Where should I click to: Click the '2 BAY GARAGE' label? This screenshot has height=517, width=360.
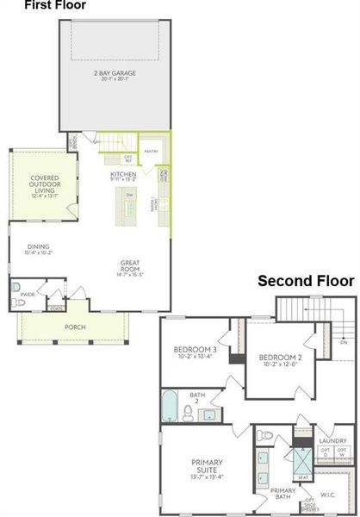point(115,73)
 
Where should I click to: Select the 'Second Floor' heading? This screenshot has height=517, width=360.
point(306,281)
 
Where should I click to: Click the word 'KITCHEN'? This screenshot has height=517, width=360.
point(123,175)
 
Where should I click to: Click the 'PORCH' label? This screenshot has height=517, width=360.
point(75,327)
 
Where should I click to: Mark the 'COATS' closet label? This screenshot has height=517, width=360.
point(55,308)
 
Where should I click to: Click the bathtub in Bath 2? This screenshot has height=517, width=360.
point(170,404)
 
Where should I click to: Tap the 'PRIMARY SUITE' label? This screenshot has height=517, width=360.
point(208,470)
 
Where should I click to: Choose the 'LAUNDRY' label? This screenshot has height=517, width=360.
point(331,439)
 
